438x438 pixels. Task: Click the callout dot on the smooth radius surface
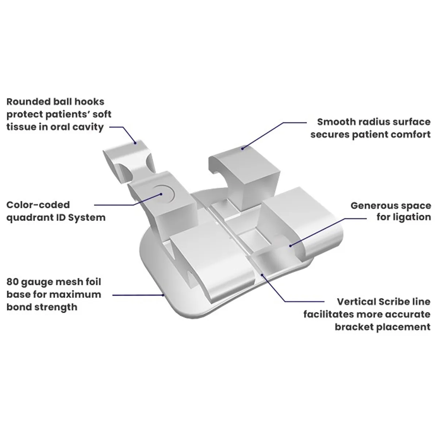coord(242,148)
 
